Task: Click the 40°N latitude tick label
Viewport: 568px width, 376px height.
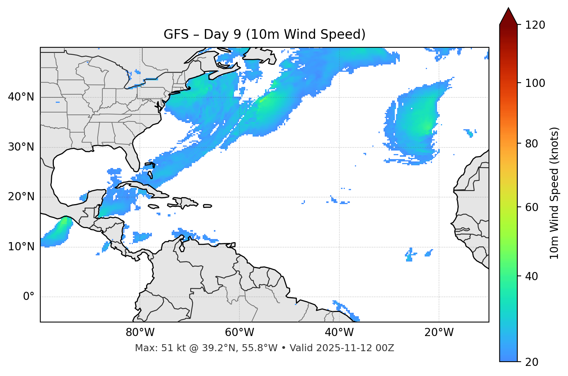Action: (21, 97)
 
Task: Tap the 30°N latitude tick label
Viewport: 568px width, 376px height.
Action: (21, 147)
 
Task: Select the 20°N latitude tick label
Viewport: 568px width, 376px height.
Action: (21, 197)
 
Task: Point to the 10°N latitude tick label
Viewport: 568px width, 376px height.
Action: (21, 247)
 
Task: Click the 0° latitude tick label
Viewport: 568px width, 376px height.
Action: (29, 297)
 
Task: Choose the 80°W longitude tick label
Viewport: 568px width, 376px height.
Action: (140, 333)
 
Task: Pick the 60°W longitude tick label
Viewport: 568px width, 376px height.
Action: (239, 333)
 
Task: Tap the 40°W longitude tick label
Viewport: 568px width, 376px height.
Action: (339, 333)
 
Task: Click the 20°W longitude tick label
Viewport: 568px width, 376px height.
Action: (439, 333)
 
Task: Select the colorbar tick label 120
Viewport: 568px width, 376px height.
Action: (535, 25)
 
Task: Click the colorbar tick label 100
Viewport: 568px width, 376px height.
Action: (535, 83)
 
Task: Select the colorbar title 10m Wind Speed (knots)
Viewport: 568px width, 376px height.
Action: (554, 193)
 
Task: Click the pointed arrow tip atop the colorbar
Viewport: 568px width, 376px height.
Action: (508, 9)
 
